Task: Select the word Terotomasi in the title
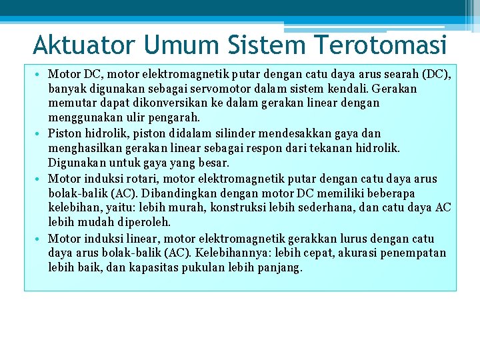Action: point(379,45)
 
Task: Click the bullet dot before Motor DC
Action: point(41,73)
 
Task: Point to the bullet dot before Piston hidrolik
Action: point(41,133)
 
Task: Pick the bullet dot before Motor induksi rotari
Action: point(41,179)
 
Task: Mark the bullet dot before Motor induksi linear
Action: point(41,239)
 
